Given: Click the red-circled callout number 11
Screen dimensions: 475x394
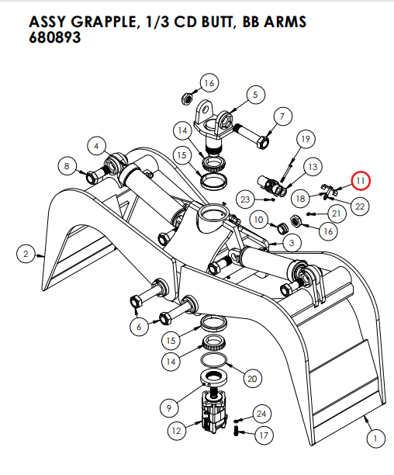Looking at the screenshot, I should [361, 181].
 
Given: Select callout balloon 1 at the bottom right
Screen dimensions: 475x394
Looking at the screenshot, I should [375, 439].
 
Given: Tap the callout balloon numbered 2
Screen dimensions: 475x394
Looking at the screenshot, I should [26, 253].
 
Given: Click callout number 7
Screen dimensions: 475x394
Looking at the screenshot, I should [281, 116].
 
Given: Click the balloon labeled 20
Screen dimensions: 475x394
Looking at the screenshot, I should [251, 378].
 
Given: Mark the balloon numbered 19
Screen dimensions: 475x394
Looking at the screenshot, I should [305, 139].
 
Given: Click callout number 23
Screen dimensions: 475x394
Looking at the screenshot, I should [245, 199].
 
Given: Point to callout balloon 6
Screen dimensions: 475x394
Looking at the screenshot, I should [139, 327].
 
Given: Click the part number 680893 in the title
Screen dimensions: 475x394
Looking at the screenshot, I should [55, 37].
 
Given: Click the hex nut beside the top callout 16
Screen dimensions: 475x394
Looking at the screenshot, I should [186, 99].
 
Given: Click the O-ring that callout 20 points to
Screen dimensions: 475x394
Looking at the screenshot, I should [215, 362].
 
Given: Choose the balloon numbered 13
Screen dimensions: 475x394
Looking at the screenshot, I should [313, 167].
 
